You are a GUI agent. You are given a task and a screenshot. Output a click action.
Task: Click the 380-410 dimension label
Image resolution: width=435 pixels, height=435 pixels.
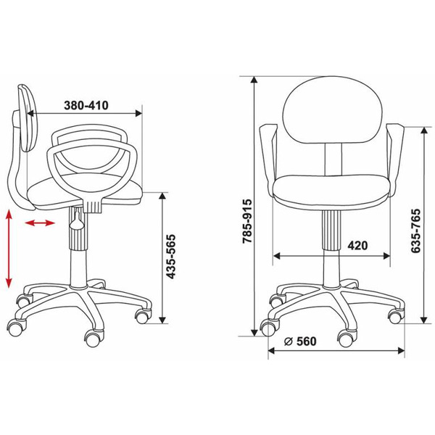pyautogui.click(x=86, y=105)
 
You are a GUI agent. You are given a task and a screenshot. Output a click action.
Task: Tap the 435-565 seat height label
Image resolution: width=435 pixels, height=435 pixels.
pyautogui.click(x=171, y=257)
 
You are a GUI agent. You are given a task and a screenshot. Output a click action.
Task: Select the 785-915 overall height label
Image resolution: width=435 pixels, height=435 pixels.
pyautogui.click(x=247, y=221)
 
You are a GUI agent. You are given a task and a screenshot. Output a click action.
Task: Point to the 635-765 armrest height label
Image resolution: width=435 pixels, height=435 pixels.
pyautogui.click(x=415, y=231)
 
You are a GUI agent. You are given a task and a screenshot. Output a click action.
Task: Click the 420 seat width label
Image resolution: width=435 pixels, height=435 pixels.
pyautogui.click(x=357, y=246)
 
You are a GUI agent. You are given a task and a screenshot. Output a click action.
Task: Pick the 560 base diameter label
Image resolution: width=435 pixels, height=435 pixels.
pyautogui.click(x=306, y=341)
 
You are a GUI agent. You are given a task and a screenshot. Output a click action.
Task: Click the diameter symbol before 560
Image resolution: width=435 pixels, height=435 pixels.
pyautogui.click(x=289, y=341)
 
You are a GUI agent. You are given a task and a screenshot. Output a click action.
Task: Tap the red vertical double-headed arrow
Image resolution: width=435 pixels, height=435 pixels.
pyautogui.click(x=9, y=249)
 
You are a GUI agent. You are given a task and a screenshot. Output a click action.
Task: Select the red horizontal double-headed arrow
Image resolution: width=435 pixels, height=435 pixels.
pyautogui.click(x=40, y=223)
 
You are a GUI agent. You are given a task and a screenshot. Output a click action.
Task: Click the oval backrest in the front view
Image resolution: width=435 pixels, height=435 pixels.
pyautogui.click(x=333, y=110)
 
